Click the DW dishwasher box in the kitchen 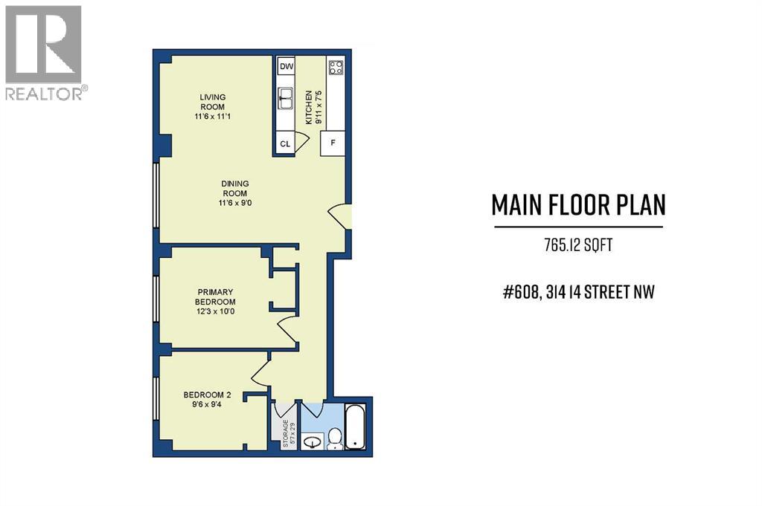tap(286, 67)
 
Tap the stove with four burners tap(335, 68)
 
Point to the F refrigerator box tap(333, 143)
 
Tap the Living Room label tap(212, 102)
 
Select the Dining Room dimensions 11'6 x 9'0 tap(234, 204)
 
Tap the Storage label tap(285, 433)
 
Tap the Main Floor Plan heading tap(578, 206)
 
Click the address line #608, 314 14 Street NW tap(578, 292)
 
